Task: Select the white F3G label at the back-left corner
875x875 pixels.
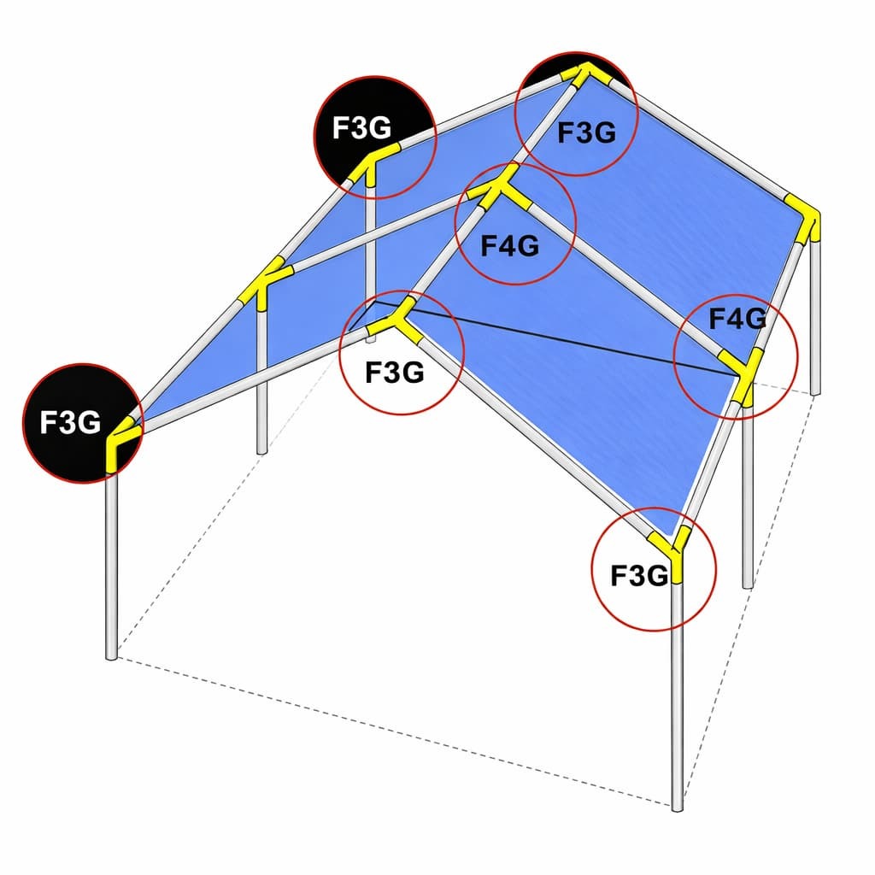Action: pos(361,128)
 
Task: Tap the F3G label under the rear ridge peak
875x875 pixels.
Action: pos(586,132)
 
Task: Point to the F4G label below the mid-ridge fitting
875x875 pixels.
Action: pos(510,246)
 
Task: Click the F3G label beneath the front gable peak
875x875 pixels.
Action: pos(394,373)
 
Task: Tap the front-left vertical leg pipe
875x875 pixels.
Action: pos(111,564)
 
